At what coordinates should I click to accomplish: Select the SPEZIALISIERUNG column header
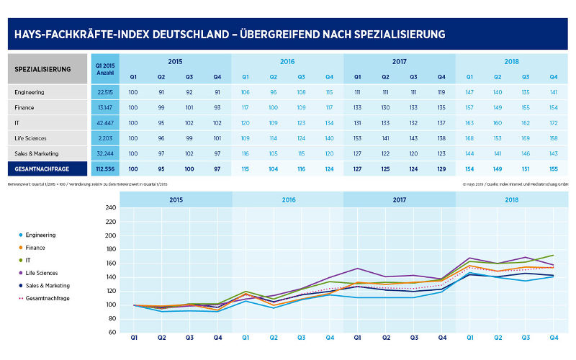(x=42, y=69)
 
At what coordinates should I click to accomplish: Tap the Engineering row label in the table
(x=30, y=91)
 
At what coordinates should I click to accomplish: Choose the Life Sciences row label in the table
(x=32, y=138)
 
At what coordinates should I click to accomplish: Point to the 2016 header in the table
(x=287, y=62)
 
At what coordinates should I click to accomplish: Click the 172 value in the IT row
(x=553, y=122)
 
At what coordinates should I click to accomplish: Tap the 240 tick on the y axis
(x=110, y=208)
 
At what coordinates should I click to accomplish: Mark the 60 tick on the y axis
(x=112, y=333)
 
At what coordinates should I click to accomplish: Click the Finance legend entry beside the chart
(x=37, y=247)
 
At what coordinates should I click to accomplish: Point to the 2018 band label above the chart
(x=512, y=200)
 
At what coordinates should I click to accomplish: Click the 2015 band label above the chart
(x=176, y=200)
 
